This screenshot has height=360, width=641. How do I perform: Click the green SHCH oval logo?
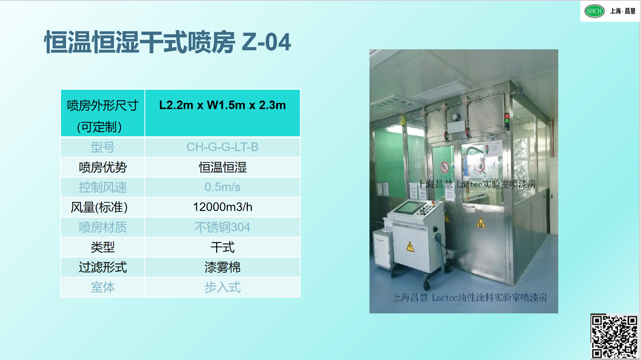[x=594, y=11]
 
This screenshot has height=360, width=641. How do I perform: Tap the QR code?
[x=615, y=337]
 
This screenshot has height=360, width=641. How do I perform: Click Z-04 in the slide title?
[x=267, y=42]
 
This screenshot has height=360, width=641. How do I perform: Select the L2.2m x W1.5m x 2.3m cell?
[x=223, y=113]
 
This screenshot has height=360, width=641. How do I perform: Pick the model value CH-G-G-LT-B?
[x=223, y=147]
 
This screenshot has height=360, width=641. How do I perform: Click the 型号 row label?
[x=103, y=147]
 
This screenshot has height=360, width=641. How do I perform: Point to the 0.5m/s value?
[x=223, y=187]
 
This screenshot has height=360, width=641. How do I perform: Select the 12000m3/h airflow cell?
[x=223, y=207]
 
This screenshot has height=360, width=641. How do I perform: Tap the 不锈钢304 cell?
[x=223, y=227]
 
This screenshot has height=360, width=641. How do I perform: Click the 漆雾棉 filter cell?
[x=223, y=267]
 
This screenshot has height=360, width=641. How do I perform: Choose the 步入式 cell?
[x=223, y=287]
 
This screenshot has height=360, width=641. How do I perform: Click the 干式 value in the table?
[x=223, y=247]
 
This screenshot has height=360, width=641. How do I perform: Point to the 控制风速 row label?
[x=103, y=188]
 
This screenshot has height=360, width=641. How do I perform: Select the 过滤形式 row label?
[x=103, y=267]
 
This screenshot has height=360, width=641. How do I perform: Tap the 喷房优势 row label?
[x=103, y=167]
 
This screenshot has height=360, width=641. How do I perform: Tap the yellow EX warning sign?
[x=481, y=223]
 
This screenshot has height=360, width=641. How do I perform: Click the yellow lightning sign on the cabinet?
[x=410, y=247]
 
